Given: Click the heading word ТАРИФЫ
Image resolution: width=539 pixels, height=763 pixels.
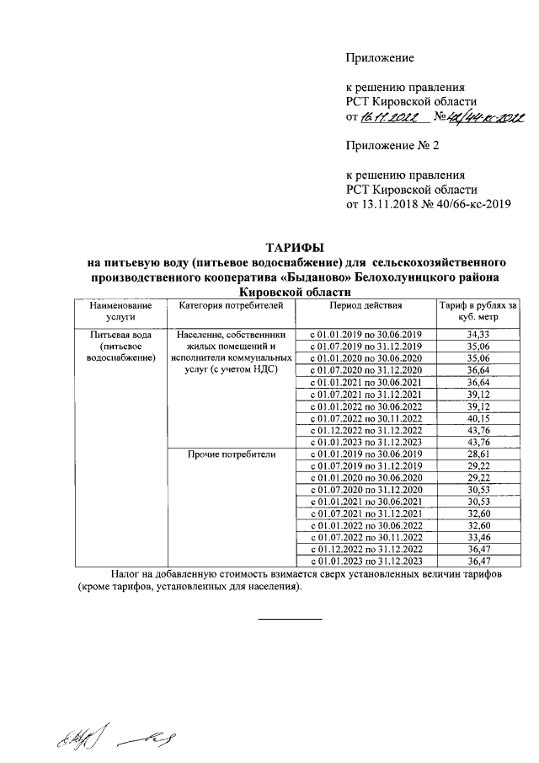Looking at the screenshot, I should [x=291, y=247].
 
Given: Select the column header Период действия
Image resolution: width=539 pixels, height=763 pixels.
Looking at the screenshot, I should [x=366, y=305].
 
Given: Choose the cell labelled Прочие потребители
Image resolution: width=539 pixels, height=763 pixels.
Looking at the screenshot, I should [x=231, y=454].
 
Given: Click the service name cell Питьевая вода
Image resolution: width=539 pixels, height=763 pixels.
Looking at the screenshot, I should [x=118, y=335].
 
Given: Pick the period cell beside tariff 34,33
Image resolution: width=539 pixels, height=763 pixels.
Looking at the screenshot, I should [x=366, y=335].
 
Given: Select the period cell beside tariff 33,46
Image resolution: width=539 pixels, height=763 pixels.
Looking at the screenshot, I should [x=366, y=535].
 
